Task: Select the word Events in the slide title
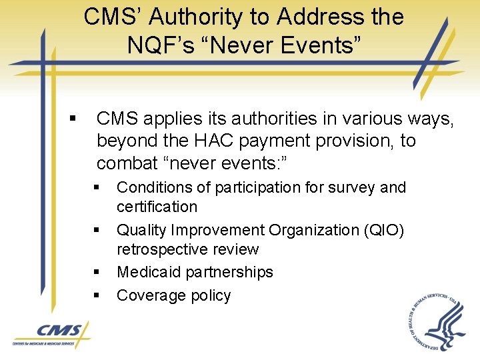point(319,46)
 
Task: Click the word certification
point(157,207)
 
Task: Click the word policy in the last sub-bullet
point(210,295)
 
